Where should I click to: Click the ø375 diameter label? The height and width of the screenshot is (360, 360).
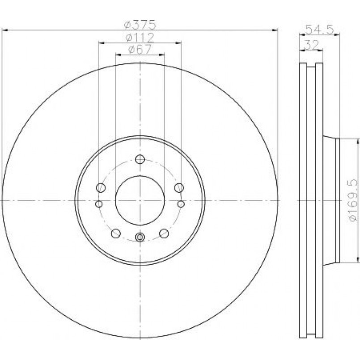pos(140,25)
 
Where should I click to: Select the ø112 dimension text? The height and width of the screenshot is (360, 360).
pos(140,38)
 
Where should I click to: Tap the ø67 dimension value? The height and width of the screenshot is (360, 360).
pos(140,49)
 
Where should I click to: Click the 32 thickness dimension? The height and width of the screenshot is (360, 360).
pos(311,45)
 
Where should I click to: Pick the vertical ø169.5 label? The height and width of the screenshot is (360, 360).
pos(353,200)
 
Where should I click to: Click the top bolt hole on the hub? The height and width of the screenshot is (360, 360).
pos(140,159)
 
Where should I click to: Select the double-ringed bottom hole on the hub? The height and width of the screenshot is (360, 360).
pos(140,237)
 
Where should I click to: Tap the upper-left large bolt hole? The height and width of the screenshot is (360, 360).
pos(101,187)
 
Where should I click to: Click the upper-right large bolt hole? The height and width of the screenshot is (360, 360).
pos(179,187)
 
